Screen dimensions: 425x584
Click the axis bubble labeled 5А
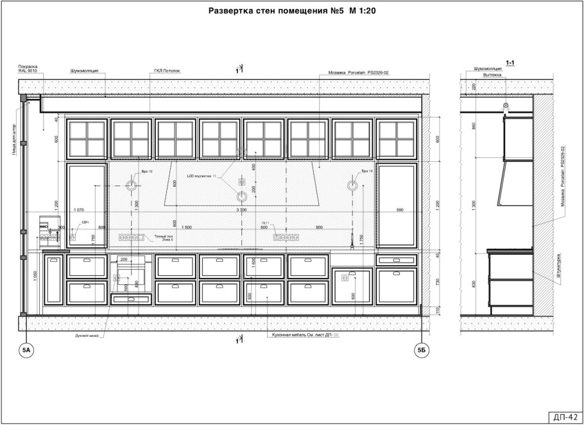tap(26, 350)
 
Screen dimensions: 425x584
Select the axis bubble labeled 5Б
tap(422, 350)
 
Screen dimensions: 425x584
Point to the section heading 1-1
tap(511, 63)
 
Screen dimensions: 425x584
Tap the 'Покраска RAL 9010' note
tap(28, 69)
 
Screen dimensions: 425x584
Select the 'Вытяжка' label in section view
tap(483, 74)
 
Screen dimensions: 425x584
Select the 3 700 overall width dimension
tap(241, 210)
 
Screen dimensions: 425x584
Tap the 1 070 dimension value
tap(80, 210)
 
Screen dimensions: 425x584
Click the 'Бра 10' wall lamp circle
tap(131, 186)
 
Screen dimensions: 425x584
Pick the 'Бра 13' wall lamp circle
tap(352, 186)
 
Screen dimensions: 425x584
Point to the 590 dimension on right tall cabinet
tap(399, 210)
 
